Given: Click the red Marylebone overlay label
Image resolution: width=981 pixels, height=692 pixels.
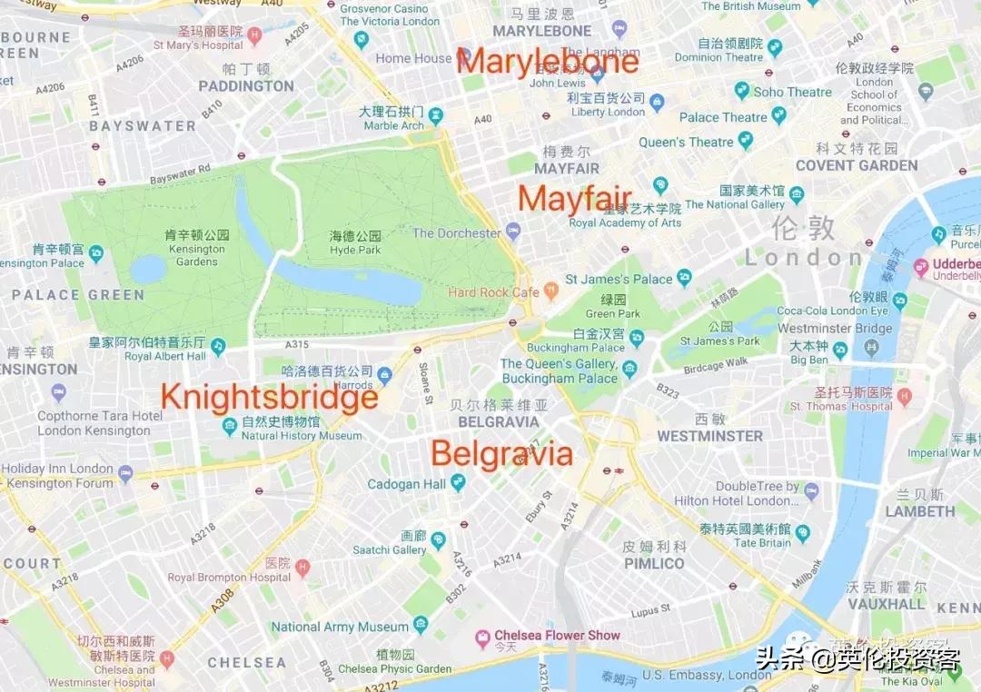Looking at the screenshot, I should point(549,62).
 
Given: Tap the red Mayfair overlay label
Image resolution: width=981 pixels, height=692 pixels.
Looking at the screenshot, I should point(575,199).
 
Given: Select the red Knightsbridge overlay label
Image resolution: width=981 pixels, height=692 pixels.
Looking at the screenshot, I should point(269,398).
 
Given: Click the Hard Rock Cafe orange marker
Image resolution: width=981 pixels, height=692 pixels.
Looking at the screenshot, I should point(550,292).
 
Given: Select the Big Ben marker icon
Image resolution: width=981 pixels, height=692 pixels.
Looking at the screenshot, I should point(840,350).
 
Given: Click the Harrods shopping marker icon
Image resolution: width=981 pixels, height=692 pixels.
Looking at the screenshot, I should point(384,375).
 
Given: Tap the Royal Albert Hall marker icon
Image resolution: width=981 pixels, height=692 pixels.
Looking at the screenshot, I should point(218,346).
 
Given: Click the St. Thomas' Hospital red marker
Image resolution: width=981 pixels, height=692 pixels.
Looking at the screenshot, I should point(904,396).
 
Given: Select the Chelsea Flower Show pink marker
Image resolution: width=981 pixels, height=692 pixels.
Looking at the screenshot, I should point(483,639).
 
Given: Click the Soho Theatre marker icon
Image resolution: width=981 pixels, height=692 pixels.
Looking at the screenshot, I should point(742,91).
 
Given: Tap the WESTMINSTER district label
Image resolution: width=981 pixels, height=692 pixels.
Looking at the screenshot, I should point(709,436).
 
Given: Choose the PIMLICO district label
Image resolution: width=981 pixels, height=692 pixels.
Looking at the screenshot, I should point(654,563).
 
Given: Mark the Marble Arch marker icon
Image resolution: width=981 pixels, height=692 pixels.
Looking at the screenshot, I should point(436,115).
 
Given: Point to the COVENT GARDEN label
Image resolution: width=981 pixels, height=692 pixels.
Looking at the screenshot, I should point(856,165).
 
